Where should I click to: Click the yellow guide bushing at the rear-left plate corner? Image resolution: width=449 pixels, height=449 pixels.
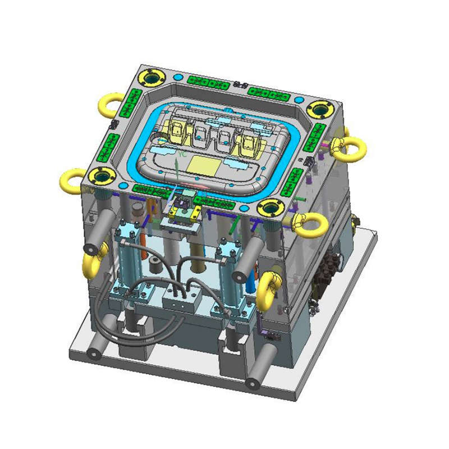(x=153, y=76)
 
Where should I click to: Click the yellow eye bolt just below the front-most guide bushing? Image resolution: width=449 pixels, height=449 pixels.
(x=309, y=224)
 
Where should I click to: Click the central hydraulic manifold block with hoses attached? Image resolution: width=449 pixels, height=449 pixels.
(x=181, y=303)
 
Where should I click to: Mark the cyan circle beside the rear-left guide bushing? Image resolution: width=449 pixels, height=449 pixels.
(x=179, y=76)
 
